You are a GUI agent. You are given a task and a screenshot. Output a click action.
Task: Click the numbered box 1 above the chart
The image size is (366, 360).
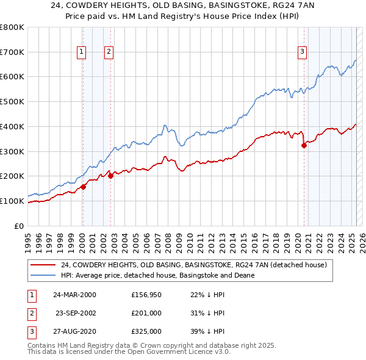82,52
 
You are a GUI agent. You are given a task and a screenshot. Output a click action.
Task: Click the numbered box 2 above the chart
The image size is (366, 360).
109,52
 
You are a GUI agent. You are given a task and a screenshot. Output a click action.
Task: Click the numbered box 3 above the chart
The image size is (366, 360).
302,52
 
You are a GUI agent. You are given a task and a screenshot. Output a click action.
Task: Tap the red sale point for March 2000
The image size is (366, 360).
83,187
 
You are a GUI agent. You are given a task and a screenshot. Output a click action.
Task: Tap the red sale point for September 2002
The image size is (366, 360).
110,176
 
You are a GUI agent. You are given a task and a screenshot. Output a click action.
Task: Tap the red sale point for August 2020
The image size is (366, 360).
304,145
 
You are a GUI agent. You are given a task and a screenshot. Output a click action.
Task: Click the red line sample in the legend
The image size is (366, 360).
43,265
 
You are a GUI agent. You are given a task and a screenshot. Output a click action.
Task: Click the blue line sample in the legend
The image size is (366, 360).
43,275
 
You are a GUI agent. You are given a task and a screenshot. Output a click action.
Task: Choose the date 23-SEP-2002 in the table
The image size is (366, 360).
75,312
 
